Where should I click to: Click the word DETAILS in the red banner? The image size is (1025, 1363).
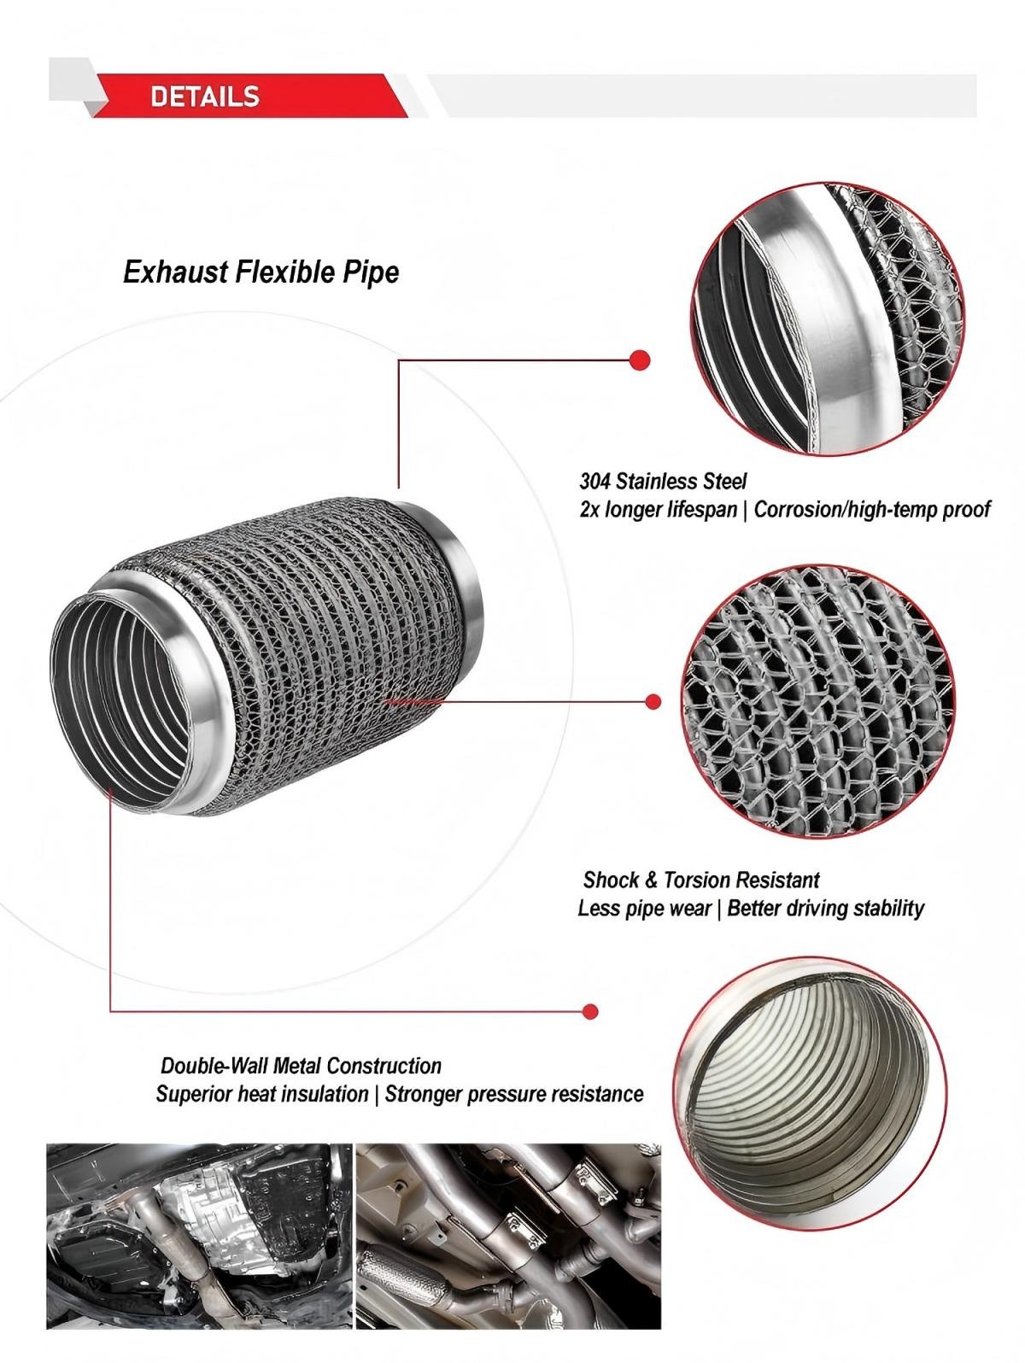[204, 97]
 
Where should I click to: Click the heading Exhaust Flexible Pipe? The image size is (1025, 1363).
[261, 272]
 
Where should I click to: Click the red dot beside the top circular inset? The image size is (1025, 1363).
[640, 360]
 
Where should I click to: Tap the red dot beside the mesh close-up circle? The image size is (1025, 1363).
[653, 702]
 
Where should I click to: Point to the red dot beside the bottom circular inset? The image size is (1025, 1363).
[590, 1011]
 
